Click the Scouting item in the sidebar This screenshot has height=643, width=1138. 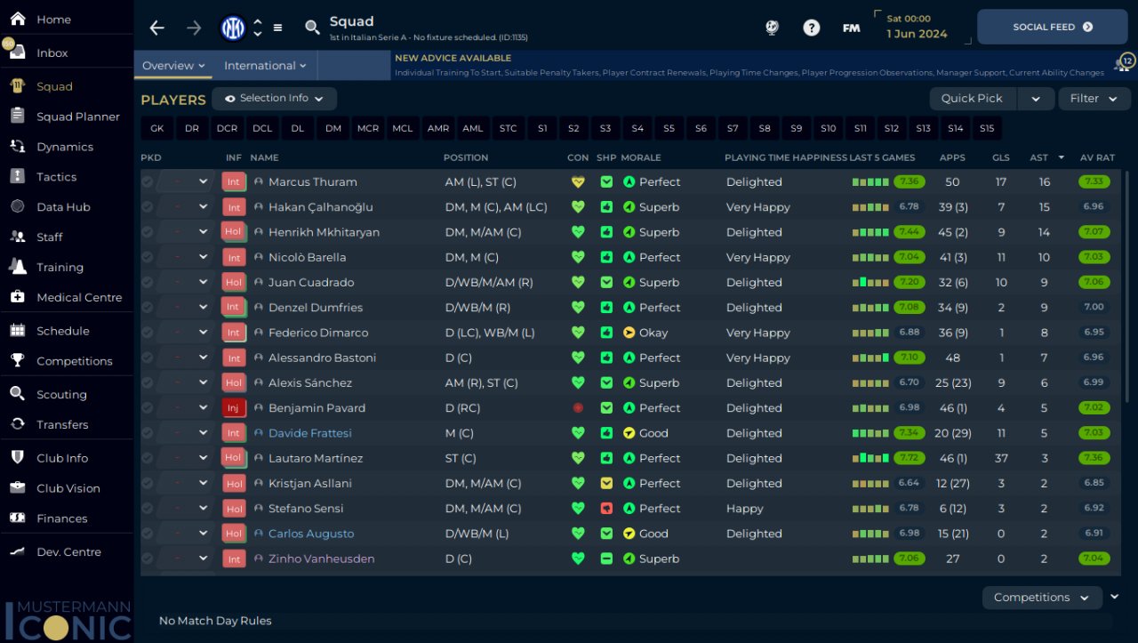click(61, 394)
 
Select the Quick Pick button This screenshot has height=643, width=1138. click(972, 99)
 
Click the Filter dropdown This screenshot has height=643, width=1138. click(1094, 99)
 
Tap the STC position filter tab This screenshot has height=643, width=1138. click(508, 128)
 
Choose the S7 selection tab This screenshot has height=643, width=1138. click(733, 128)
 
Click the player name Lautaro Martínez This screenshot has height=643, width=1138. click(316, 458)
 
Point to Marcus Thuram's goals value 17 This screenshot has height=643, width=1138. click(1001, 181)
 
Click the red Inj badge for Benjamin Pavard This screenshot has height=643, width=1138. click(234, 408)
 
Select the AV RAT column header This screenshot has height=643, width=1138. click(1097, 157)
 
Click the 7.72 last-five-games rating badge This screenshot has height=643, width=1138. click(909, 458)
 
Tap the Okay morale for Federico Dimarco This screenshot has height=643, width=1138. click(653, 333)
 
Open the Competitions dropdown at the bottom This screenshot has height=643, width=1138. click(1041, 598)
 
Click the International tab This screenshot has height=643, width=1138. click(265, 66)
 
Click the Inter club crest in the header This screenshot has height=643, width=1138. click(233, 28)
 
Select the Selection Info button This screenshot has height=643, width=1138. click(274, 99)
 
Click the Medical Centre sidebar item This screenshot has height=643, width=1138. click(78, 297)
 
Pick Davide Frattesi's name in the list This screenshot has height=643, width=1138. click(309, 433)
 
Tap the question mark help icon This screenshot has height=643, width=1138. click(811, 28)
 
